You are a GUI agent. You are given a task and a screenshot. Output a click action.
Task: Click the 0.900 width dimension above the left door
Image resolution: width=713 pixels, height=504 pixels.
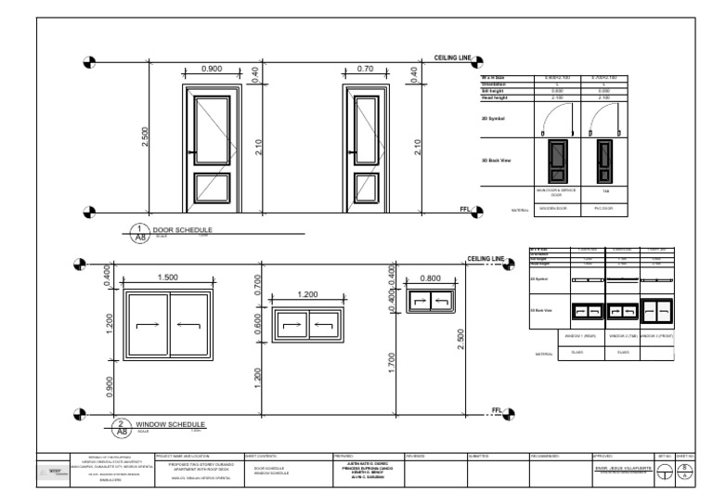coord(212,69)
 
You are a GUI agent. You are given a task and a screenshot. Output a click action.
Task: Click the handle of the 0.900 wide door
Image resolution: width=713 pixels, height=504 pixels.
coord(191,152)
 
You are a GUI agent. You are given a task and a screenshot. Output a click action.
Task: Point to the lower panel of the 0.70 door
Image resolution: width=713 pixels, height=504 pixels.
coord(363,188)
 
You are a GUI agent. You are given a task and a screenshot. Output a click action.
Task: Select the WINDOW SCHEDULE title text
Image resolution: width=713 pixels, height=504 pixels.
coord(170,424)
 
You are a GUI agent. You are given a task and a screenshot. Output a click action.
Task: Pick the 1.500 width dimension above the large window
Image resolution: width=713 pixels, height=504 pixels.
coord(170,278)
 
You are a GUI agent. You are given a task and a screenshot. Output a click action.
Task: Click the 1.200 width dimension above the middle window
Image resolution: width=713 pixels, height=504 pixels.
coord(306,294)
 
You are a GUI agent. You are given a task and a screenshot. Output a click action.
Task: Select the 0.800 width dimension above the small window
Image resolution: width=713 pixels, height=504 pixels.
coord(429,278)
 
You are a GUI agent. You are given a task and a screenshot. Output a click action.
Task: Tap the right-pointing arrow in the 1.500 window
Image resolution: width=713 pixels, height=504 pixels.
coord(148,326)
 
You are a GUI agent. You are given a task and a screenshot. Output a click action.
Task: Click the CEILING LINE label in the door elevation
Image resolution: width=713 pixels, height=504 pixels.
coord(454,58)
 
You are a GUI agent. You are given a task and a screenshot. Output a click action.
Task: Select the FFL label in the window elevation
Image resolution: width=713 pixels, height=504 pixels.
coord(497,409)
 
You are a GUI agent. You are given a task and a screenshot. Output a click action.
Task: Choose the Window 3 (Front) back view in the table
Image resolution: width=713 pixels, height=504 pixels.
coord(657,311)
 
